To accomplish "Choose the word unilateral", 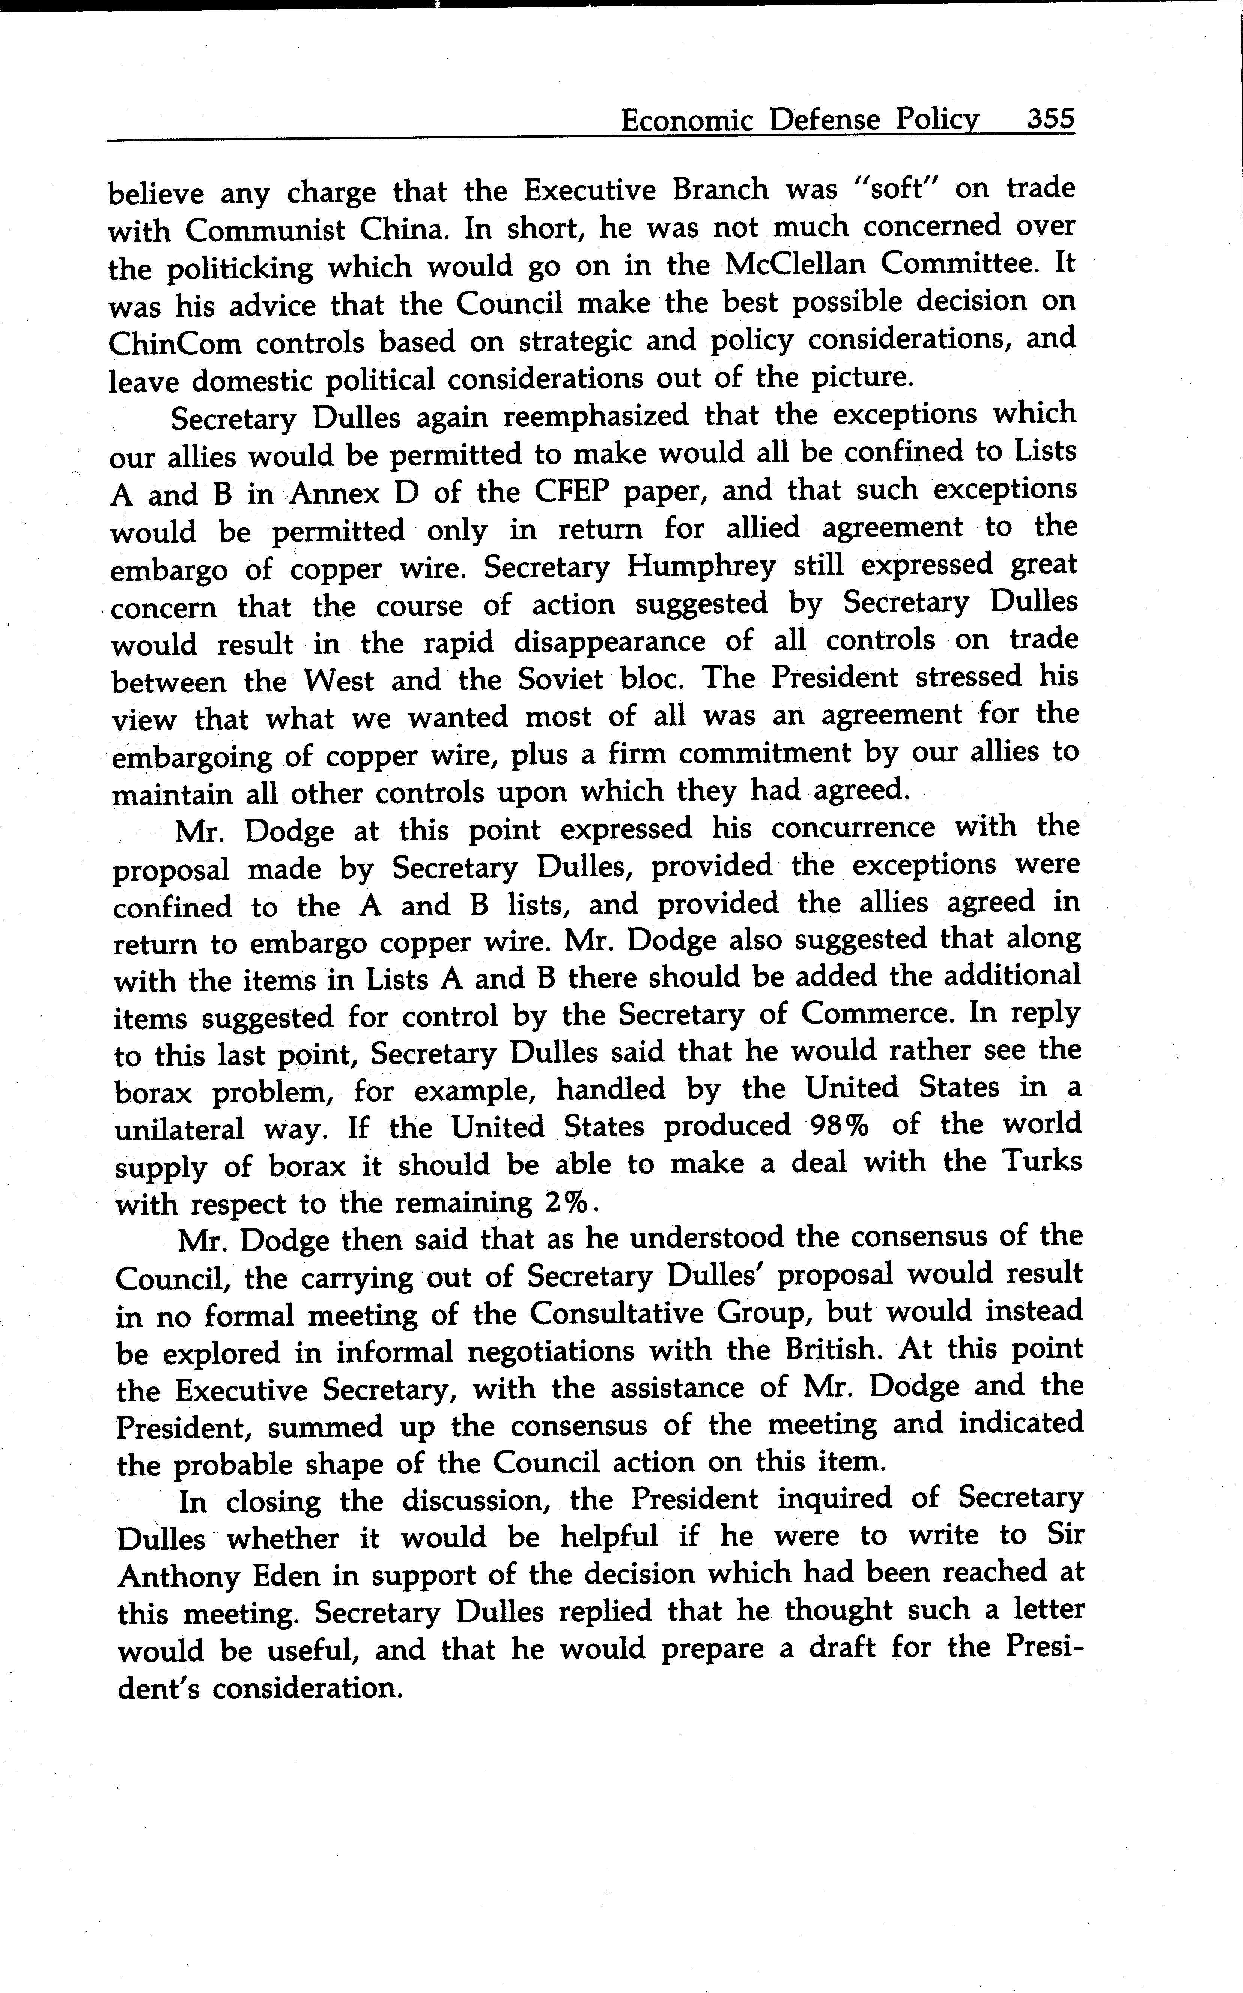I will [179, 1130].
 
